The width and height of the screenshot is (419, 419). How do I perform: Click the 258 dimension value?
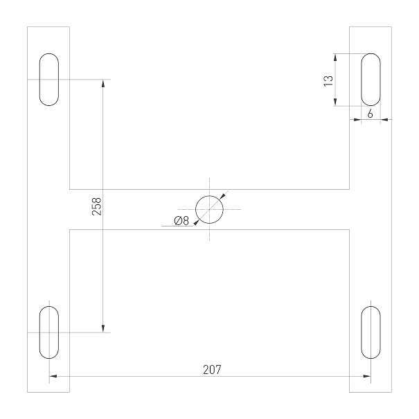click(x=97, y=206)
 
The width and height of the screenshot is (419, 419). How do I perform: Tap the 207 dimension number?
click(x=212, y=370)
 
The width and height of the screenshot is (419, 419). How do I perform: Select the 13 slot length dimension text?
click(x=328, y=81)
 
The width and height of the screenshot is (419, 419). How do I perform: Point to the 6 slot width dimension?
click(x=370, y=114)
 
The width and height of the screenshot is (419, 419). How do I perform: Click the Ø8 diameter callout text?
click(x=181, y=221)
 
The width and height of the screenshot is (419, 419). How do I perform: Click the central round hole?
click(x=209, y=209)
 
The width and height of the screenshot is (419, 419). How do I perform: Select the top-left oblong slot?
click(x=49, y=80)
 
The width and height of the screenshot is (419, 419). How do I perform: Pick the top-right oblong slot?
click(x=371, y=80)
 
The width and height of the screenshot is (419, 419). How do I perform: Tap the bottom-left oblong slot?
click(x=49, y=332)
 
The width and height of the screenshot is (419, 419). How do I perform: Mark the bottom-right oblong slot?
click(x=371, y=332)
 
